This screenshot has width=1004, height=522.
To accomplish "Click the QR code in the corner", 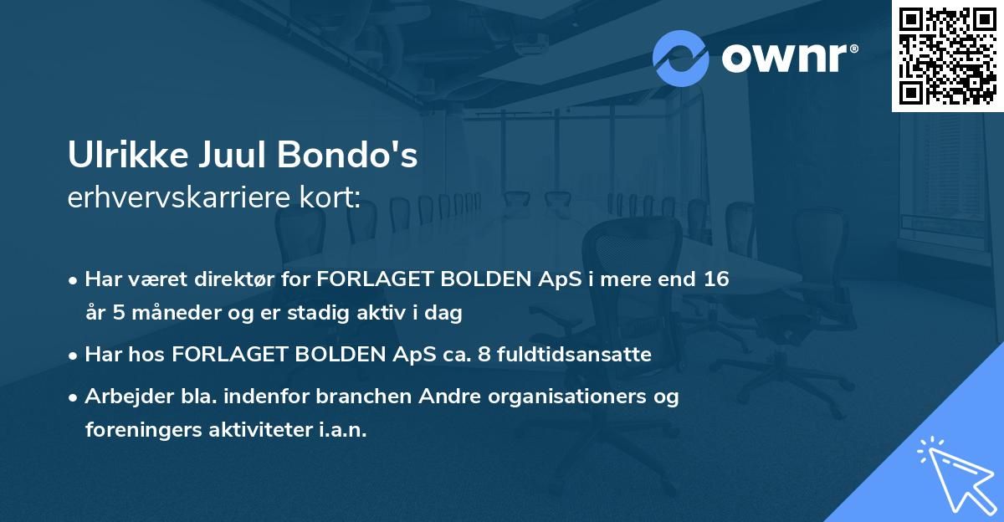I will (x=948, y=56).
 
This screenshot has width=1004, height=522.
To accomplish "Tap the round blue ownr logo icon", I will (x=681, y=58).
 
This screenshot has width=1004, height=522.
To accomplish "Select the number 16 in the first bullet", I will (x=715, y=279).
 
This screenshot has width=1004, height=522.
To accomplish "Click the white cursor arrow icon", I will (x=954, y=476).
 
